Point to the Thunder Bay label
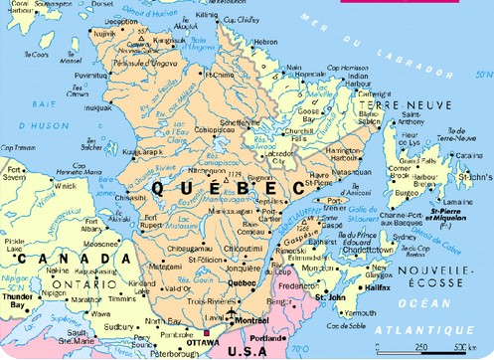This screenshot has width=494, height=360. [x=17, y=302]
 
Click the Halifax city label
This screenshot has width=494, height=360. [x=377, y=286]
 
